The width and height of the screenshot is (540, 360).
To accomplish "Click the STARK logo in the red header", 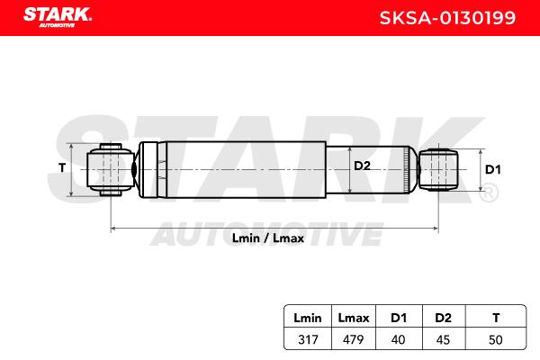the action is pos(58,17).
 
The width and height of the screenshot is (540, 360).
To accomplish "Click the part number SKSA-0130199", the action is pos(447,18).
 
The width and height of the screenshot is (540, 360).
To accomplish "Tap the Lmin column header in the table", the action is pos(308,318).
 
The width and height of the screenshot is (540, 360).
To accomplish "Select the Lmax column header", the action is pos(354,318).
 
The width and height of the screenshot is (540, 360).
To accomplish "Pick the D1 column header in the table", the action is pos(399,318).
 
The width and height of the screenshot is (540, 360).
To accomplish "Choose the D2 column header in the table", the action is pos(443,318).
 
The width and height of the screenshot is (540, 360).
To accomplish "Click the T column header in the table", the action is pos(496,318).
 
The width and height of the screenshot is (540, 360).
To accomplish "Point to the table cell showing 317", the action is pos(308,339).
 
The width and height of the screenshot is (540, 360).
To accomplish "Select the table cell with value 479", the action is pos(354,339).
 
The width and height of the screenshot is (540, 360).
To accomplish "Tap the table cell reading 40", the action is pos(398,339).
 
